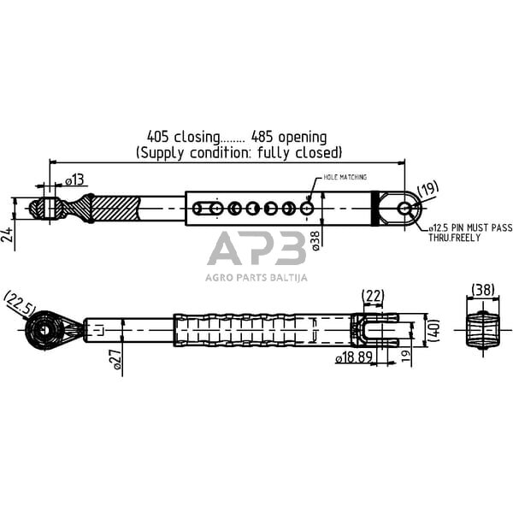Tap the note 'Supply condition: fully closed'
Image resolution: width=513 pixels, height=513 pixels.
click(239, 152)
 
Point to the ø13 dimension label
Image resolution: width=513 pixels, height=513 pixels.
click(75, 180)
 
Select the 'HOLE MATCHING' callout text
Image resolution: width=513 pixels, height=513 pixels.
click(345, 177)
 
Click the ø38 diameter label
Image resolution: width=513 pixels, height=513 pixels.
click(315, 240)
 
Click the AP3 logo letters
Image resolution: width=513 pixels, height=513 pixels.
click(256, 250)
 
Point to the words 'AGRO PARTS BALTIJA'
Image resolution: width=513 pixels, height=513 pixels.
click(256, 277)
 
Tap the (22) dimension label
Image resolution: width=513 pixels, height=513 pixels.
click(374, 296)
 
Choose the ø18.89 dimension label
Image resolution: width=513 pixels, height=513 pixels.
click(353, 359)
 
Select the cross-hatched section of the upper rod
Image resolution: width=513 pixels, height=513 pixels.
click(111, 209)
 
